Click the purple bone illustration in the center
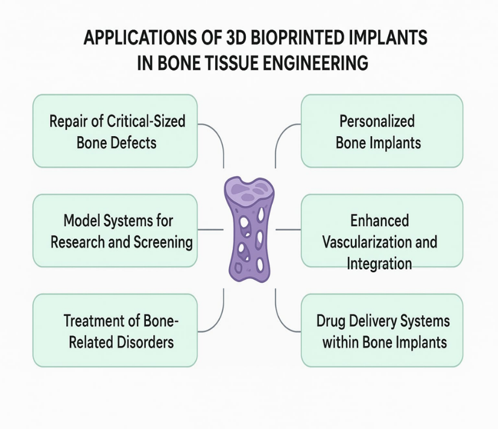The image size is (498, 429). coord(249,230)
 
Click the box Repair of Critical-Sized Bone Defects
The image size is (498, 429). coord(115,131)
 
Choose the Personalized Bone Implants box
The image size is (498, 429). coord(382,131)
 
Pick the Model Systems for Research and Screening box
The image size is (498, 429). coord(115,231)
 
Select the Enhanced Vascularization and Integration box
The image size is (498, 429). coord(382,231)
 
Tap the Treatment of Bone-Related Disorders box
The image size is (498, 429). coord(115,330)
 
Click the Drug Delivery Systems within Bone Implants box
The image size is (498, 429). coord(382,330)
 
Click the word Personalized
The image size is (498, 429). coord(377,121)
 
